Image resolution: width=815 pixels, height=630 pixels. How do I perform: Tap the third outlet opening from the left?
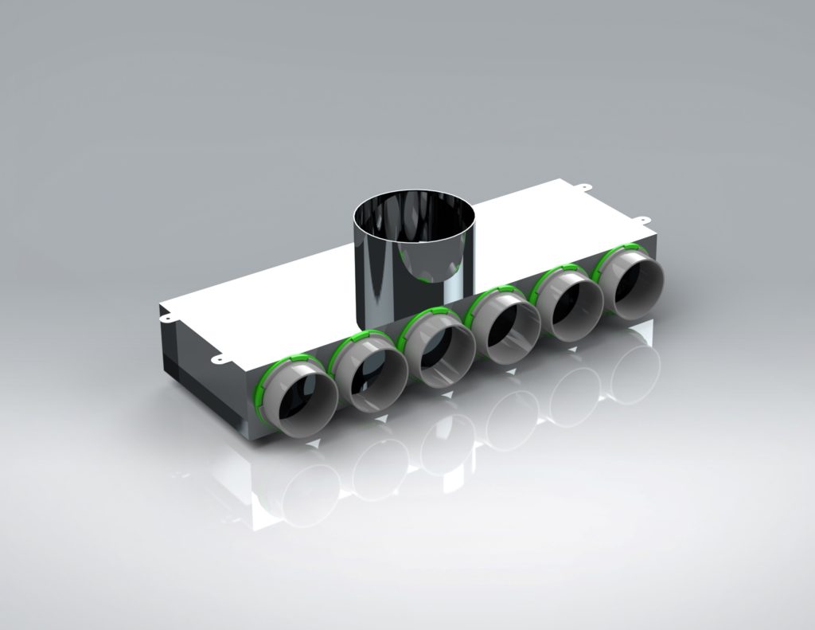437,359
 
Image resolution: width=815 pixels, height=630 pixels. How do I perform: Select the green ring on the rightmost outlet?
611,256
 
